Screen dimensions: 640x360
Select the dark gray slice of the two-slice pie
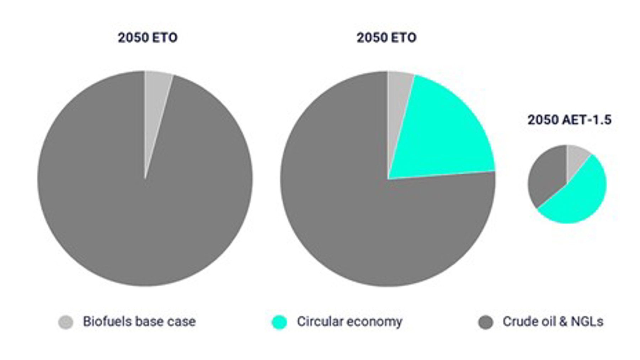[x=142, y=213]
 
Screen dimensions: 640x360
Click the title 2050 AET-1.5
[x=569, y=120]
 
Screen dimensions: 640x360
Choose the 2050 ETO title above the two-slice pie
[x=148, y=38]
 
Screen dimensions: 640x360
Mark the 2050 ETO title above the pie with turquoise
[x=386, y=38]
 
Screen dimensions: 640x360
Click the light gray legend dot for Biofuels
[x=66, y=322]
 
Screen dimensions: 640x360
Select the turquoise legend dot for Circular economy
[x=279, y=322]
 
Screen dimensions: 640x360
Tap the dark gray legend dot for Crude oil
[x=486, y=322]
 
